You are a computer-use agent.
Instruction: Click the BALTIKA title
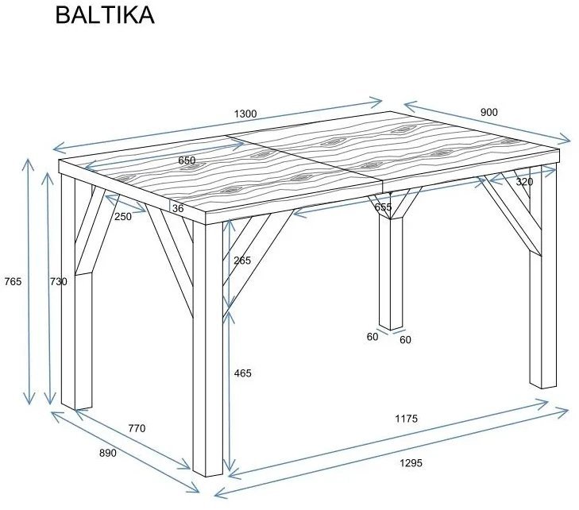click(104, 16)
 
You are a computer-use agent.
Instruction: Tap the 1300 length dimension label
click(245, 114)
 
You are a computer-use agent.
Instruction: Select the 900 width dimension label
click(489, 112)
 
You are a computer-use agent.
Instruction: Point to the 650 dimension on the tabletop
click(187, 160)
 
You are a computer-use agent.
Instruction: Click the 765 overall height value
click(13, 281)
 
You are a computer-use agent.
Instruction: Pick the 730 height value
click(59, 281)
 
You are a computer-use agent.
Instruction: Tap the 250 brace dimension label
click(122, 216)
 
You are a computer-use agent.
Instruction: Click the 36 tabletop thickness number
click(177, 208)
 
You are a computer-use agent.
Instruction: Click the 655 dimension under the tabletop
click(383, 207)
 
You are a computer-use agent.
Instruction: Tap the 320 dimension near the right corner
click(524, 182)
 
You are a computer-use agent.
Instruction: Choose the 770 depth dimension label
click(137, 428)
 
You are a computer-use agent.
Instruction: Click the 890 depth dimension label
click(107, 454)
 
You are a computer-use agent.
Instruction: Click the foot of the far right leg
click(543, 384)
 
